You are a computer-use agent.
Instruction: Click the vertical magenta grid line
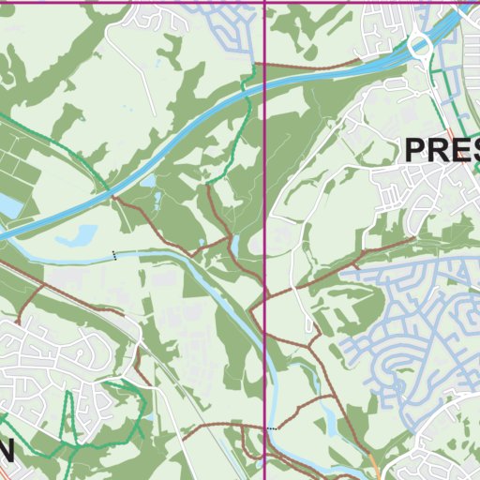pos(265,187)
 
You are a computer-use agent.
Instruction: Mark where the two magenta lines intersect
pos(265,1)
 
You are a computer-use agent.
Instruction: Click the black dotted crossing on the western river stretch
pos(115,255)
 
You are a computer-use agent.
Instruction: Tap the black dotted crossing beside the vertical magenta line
pos(272,428)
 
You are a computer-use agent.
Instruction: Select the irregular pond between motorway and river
pos(79,234)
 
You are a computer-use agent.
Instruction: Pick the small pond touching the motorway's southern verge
pos(148,181)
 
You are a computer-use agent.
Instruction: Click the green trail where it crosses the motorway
pos(246,87)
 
